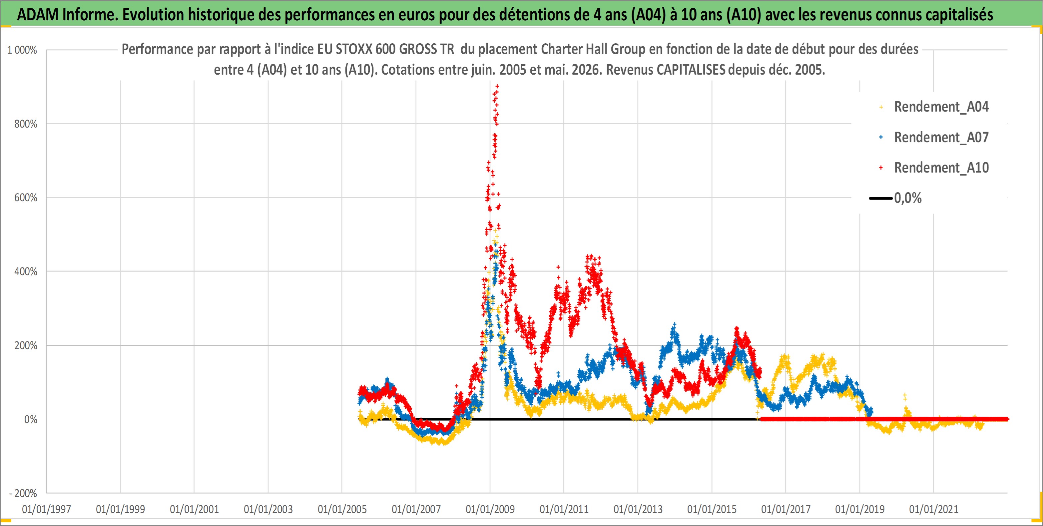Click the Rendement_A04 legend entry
coord(941,107)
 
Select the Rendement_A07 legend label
coord(941,137)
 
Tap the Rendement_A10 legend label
coord(941,168)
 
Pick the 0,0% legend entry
coord(908,198)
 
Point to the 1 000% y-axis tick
coord(22,50)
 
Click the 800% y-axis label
coord(26,124)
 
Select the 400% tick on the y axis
coord(26,271)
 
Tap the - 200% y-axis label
coord(23,493)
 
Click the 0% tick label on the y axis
coord(31,419)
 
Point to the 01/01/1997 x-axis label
coord(47,509)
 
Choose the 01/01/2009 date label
coord(490,509)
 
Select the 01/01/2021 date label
coord(934,509)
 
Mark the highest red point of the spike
coord(497,86)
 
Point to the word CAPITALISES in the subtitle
coord(691,70)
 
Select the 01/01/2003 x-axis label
coord(268,509)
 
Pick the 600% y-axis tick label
coord(26,198)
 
